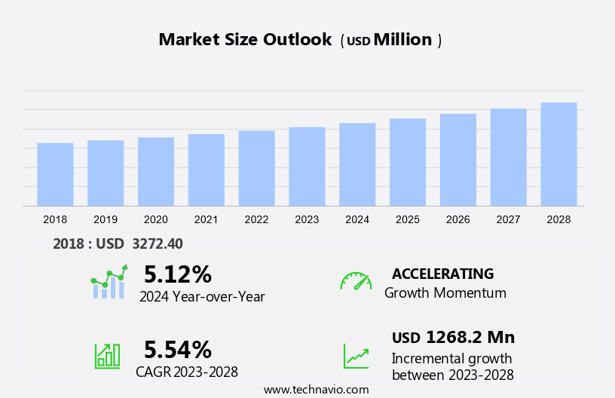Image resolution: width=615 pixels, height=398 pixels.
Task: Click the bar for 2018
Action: pos(55,174)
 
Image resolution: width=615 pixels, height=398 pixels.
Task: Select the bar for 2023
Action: pos(307,166)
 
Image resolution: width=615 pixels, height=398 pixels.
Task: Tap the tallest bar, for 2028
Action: pos(558,154)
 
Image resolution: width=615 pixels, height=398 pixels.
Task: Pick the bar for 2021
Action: pos(206,170)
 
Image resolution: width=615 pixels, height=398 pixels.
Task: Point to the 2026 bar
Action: pos(458,160)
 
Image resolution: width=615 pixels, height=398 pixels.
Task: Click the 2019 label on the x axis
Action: pos(106,219)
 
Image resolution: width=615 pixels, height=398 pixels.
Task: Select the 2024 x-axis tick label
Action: pos(357,219)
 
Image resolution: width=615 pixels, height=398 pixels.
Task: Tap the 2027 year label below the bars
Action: pos(509,219)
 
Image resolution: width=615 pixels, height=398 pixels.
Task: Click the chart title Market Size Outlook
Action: pos(245,40)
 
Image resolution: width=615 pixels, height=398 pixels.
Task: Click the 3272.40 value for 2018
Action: pos(157,243)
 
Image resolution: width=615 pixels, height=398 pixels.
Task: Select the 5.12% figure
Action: pos(178,274)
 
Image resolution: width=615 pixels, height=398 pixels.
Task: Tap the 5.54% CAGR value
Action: pos(178,349)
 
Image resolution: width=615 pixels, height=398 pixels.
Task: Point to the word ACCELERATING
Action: pos(442,274)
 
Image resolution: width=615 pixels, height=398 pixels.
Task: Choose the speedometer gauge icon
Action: pos(356,281)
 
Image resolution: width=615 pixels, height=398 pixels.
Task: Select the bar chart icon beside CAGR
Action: pos(107,356)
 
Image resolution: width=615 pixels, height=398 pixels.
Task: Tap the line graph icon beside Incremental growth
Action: pos(356,356)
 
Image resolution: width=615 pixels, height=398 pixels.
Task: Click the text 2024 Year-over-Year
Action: pos(202,296)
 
